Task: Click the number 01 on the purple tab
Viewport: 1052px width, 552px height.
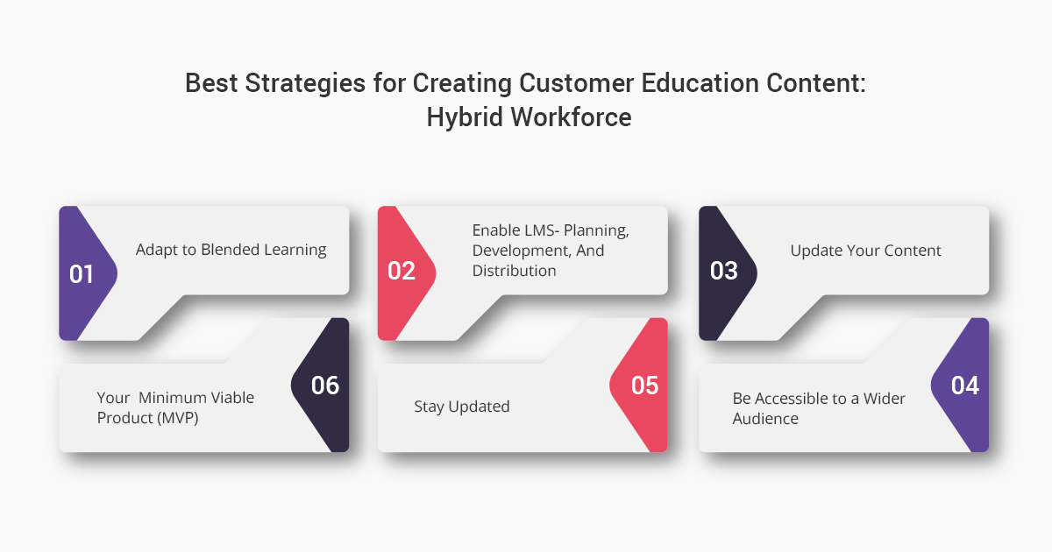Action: coord(82,274)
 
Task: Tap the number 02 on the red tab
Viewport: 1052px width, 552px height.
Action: coord(402,271)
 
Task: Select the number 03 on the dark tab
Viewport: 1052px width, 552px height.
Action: coord(724,271)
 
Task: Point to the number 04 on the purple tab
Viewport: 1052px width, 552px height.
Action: coord(965,386)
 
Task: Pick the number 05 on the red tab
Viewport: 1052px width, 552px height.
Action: coord(645,386)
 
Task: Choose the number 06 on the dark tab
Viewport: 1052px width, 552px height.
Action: coord(325,386)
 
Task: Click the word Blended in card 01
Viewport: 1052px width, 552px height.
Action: coord(231,249)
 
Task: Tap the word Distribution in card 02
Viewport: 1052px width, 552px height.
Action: coord(515,271)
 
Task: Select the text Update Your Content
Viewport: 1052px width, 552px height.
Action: coord(865,251)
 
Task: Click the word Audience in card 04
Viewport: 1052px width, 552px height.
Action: coord(765,418)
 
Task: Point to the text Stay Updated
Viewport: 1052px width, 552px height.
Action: coord(462,407)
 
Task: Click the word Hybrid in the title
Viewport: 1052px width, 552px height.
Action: coord(465,117)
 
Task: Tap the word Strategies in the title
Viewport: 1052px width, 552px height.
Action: coord(305,83)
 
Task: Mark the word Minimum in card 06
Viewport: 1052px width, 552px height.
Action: coord(172,398)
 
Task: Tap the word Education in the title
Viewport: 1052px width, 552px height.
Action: coord(700,83)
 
